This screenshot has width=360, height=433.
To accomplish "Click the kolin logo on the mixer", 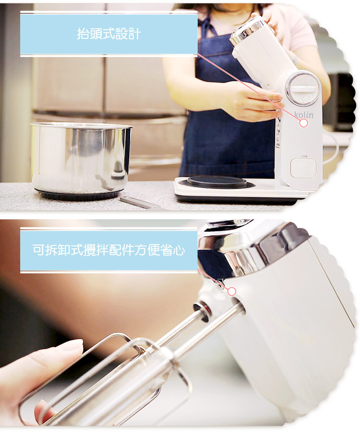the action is point(303,115).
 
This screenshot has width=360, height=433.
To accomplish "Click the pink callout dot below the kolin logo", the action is point(303,123).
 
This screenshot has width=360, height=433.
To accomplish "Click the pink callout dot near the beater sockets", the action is point(232,291).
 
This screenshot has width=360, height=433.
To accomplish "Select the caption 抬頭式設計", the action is point(108,34).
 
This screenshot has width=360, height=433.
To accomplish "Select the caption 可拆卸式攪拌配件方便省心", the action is point(108,250).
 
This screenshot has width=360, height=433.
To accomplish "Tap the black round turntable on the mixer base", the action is point(217,182).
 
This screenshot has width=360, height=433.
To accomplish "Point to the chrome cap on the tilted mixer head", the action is point(246,30).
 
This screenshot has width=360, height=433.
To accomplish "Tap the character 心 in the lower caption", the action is point(179,250).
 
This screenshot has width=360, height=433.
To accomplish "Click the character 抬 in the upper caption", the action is point(83,34).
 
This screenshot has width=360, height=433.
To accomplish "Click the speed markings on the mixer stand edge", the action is point(277,132).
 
